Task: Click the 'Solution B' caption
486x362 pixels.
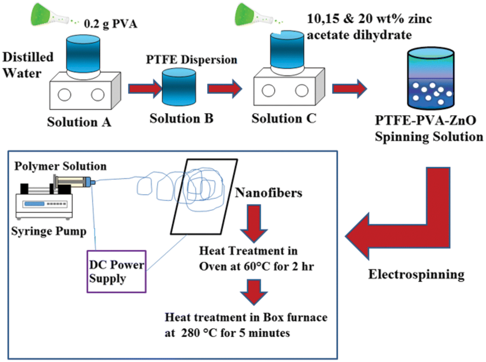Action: [182, 118]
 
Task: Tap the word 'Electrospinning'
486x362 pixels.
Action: [416, 275]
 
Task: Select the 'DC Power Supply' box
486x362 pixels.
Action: [116, 271]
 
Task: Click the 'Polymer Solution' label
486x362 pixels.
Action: [60, 166]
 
